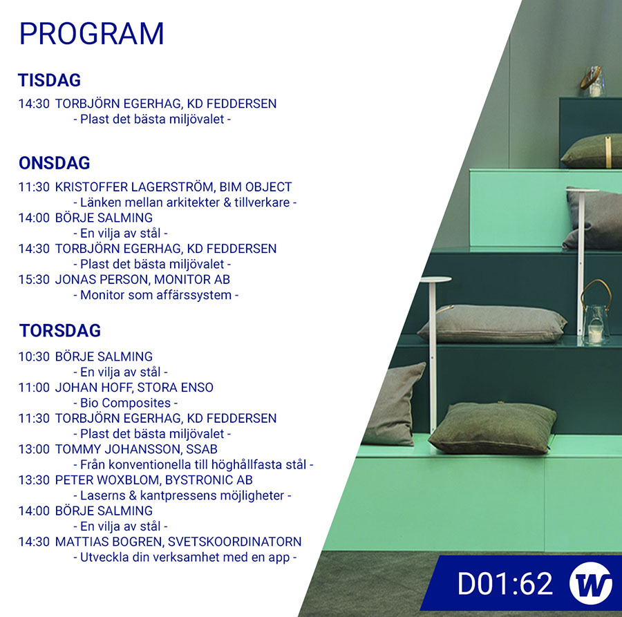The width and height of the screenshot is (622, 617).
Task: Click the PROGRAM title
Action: tap(92, 34)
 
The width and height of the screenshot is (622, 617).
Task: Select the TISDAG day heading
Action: tap(50, 80)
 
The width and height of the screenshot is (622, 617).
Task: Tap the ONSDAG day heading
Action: tap(55, 163)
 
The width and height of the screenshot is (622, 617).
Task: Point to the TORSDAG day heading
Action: tap(60, 331)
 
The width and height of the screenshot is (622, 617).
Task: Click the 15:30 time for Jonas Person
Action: tap(34, 280)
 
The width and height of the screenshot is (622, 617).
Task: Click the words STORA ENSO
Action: tap(176, 388)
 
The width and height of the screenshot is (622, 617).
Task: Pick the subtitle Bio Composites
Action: tap(125, 403)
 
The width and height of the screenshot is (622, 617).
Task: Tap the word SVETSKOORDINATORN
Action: tap(234, 542)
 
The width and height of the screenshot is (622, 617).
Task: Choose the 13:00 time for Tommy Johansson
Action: tap(34, 449)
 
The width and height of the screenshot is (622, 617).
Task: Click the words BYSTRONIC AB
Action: tap(209, 480)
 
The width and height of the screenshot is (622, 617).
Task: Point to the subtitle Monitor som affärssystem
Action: tap(156, 295)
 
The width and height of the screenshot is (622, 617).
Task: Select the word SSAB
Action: tap(202, 449)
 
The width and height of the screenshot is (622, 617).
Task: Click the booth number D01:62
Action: tap(505, 584)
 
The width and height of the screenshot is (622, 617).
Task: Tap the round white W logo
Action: tap(590, 583)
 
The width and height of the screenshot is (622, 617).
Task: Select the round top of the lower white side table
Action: tap(435, 280)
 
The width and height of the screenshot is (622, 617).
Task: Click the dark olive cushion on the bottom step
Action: tap(492, 428)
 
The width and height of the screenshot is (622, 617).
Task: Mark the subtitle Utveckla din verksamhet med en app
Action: tap(185, 558)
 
